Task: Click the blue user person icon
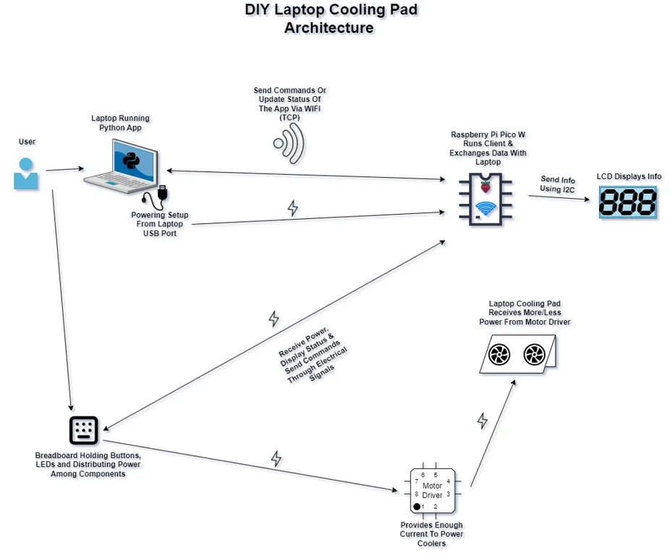point(26,173)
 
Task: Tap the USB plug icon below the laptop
point(161,194)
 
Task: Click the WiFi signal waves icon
point(289,142)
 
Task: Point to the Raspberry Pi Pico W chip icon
point(485,199)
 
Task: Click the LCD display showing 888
point(627,202)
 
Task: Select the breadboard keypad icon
point(83,430)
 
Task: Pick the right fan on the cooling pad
point(534,355)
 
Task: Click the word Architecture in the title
point(329,28)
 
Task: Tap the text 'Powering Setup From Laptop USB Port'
point(160,224)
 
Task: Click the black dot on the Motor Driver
point(417,507)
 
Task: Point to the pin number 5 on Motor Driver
point(436,475)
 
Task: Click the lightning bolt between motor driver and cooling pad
point(483,421)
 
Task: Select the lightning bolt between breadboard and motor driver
point(276,458)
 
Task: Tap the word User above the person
point(27,142)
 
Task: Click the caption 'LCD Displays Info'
point(629,176)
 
